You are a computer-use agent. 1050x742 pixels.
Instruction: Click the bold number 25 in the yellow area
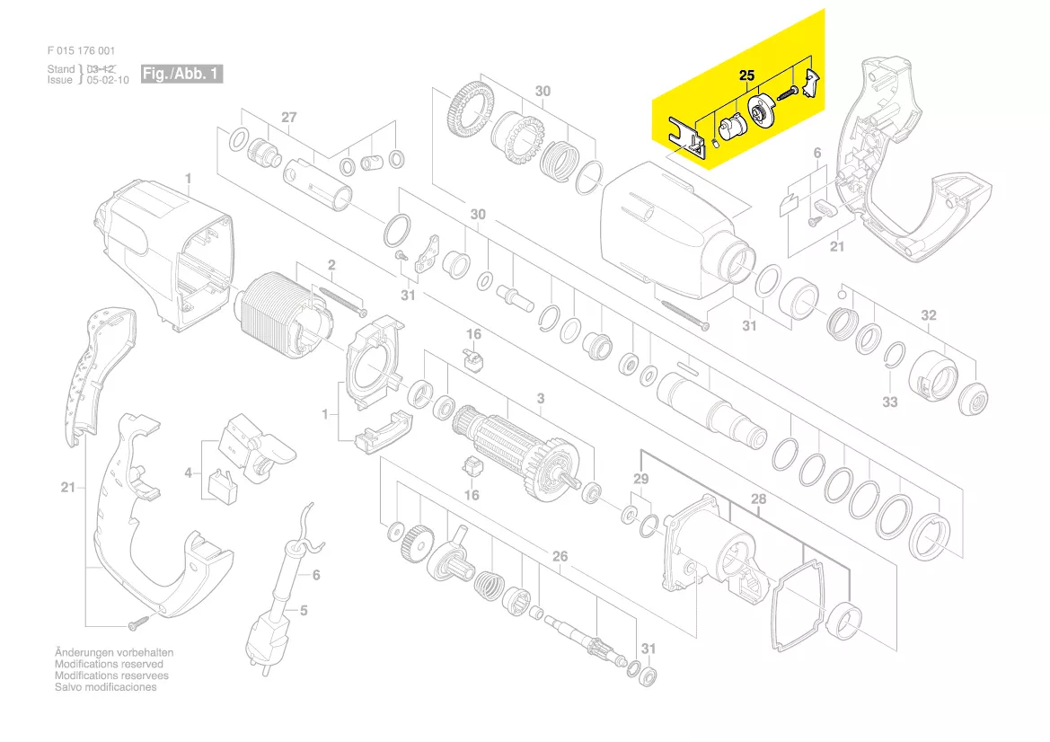pyautogui.click(x=746, y=75)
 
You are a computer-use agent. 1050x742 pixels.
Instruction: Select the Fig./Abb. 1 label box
pyautogui.click(x=181, y=74)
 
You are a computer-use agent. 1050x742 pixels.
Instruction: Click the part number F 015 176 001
pyautogui.click(x=81, y=50)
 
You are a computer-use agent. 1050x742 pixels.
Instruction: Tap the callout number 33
pyautogui.click(x=889, y=402)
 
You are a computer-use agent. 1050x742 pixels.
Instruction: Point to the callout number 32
pyautogui.click(x=928, y=314)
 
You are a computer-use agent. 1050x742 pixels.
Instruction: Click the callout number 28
pyautogui.click(x=758, y=499)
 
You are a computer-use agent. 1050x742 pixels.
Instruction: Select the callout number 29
pyautogui.click(x=640, y=479)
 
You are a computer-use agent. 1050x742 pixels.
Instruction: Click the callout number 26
pyautogui.click(x=560, y=556)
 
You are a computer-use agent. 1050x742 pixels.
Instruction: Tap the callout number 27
pyautogui.click(x=288, y=117)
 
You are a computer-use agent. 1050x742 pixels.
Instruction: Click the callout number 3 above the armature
pyautogui.click(x=541, y=399)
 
